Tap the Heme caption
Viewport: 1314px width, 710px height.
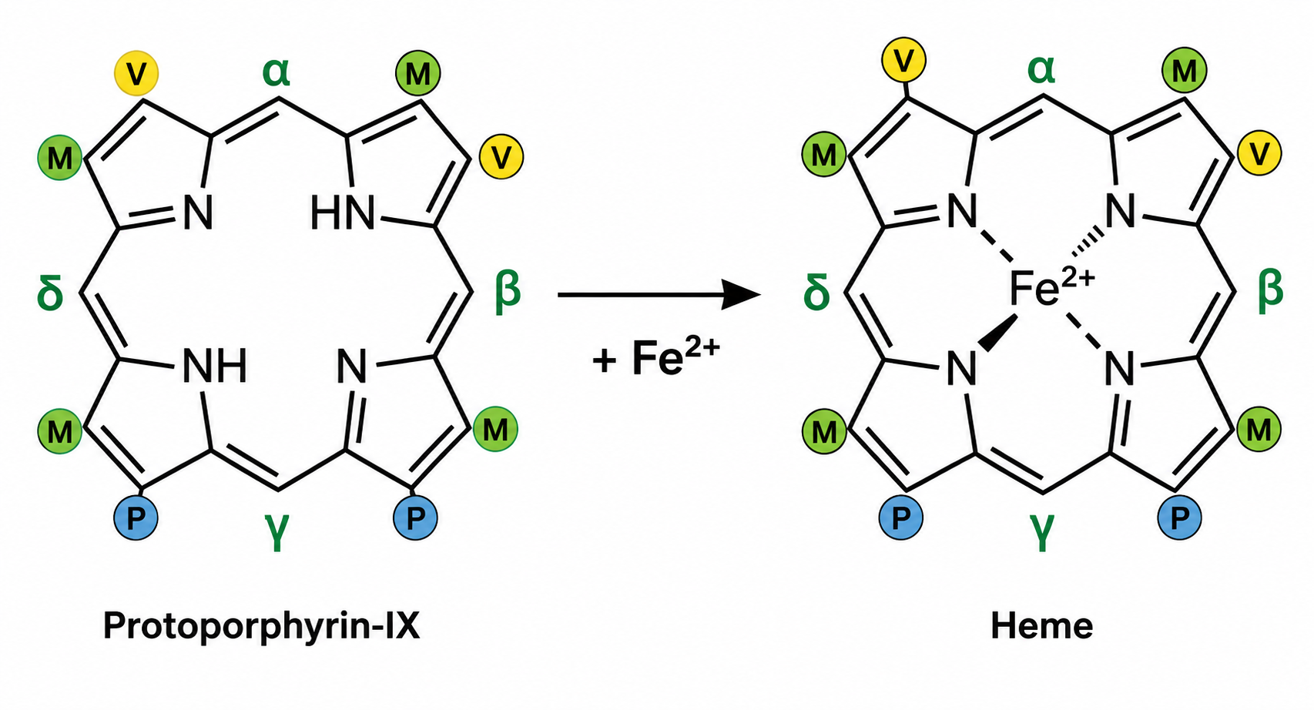point(1042,626)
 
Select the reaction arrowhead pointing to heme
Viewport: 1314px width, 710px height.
point(740,294)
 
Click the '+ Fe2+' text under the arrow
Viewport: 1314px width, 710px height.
point(655,357)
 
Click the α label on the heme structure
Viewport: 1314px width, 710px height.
point(1041,70)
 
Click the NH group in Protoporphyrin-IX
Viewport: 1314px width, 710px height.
point(215,367)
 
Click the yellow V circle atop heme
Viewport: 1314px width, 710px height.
point(903,60)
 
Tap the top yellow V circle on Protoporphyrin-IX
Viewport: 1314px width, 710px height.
point(136,73)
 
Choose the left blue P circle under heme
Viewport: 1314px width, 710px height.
point(901,517)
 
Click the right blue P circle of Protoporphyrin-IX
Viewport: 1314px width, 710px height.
point(414,517)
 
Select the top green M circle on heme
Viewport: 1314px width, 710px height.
point(1185,70)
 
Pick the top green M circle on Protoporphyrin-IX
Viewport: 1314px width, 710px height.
point(417,72)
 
